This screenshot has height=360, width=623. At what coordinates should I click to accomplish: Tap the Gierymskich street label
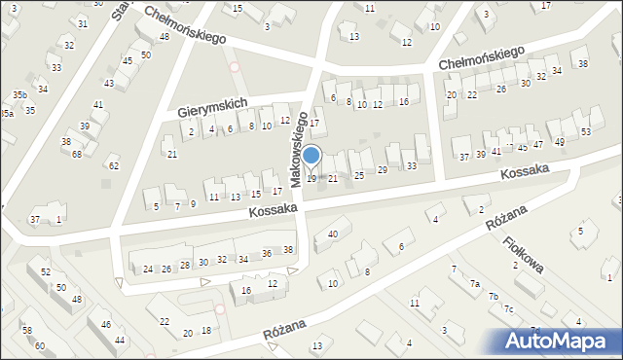tap(214, 108)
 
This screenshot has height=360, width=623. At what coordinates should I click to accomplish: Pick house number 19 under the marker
tap(311, 178)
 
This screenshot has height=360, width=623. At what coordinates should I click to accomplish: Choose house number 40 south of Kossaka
tap(333, 234)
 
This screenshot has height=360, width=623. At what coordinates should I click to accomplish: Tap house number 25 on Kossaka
tap(358, 175)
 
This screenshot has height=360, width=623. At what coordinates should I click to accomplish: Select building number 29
tap(383, 170)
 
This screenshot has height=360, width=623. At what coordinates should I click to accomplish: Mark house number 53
tap(585, 131)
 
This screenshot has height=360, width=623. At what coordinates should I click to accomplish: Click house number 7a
tap(475, 283)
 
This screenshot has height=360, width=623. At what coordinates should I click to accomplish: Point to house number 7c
tap(508, 308)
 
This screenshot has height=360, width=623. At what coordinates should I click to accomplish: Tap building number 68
tap(77, 155)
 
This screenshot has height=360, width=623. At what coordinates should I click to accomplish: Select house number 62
tap(113, 166)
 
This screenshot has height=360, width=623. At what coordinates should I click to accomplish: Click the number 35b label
tap(19, 94)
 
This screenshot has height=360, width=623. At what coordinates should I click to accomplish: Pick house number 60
tap(40, 345)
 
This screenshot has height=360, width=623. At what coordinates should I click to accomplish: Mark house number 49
tap(560, 142)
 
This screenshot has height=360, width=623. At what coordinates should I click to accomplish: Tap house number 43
tap(109, 84)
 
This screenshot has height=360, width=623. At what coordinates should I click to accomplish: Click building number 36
tap(267, 254)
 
